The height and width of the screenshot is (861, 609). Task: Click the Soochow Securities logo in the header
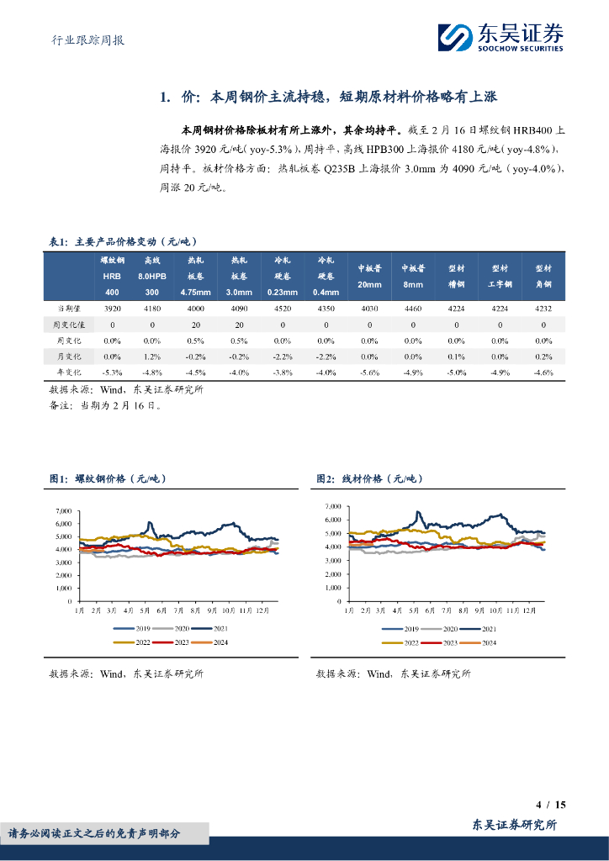500,36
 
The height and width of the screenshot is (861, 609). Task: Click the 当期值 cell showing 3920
112,309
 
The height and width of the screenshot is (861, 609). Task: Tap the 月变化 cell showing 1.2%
151,357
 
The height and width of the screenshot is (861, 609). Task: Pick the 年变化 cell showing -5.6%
369,372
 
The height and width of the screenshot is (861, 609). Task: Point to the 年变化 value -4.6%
543,372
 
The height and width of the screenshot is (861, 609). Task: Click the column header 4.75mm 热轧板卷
196,277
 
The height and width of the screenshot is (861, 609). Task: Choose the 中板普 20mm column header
369,277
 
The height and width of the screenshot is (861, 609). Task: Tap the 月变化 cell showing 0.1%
456,357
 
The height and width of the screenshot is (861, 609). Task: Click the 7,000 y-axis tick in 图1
64,511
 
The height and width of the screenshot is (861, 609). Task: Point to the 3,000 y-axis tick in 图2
331,560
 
